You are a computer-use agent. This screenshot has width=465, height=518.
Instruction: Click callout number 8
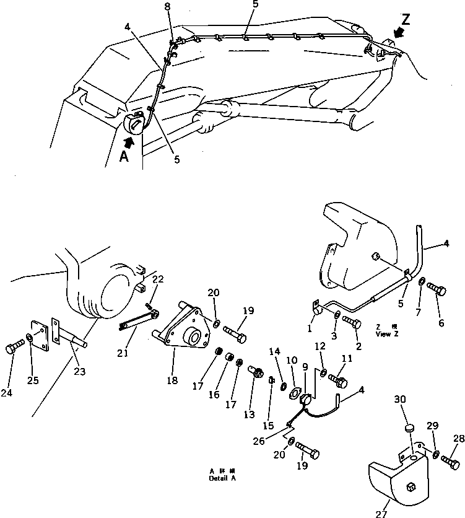tap(167, 6)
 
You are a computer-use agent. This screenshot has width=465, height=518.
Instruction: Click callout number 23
tap(80, 372)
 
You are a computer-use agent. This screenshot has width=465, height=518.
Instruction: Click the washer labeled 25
tap(29, 340)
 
